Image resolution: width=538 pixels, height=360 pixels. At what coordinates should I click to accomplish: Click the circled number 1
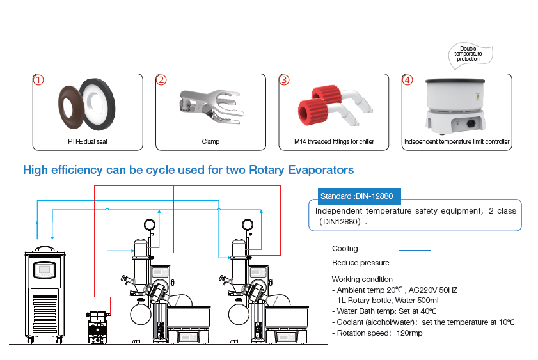tap(39, 81)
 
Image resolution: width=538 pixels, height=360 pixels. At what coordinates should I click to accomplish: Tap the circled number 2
tap(162, 81)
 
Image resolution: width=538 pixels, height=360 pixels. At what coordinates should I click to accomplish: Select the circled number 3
tap(285, 81)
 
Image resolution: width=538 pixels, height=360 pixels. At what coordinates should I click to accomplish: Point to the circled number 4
tap(407, 81)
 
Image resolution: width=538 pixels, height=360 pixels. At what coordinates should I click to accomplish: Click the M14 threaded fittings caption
tap(333, 141)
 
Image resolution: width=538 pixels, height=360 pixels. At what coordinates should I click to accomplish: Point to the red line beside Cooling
tap(415, 249)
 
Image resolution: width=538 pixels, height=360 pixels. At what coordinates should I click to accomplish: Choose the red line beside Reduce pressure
tap(415, 263)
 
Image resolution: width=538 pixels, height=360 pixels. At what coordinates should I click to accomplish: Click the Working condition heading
tap(362, 279)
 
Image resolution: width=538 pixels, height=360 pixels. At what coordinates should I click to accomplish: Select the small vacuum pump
tap(97, 323)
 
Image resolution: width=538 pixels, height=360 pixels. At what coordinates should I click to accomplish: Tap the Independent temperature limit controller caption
tap(457, 141)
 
